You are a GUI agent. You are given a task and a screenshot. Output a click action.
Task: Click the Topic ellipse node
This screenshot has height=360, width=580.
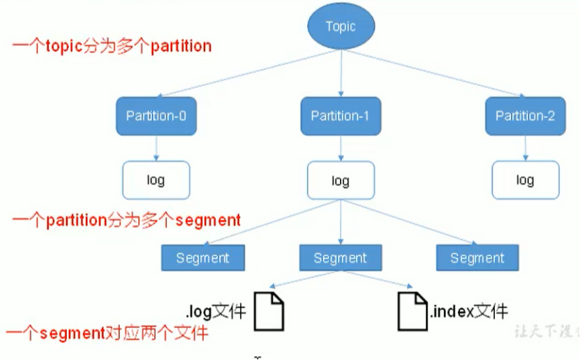(x=341, y=27)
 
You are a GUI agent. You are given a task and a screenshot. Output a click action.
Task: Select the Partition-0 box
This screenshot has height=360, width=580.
(x=156, y=116)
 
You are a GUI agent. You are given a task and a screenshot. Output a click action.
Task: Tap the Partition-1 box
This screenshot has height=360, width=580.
(x=341, y=116)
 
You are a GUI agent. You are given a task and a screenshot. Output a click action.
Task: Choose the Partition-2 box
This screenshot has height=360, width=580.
(x=525, y=116)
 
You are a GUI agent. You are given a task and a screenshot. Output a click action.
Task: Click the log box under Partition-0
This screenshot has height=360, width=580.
(x=156, y=180)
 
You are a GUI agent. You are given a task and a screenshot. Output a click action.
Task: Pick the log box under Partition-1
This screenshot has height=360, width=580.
(x=341, y=181)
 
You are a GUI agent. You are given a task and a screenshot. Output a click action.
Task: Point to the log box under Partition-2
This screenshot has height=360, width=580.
(x=525, y=180)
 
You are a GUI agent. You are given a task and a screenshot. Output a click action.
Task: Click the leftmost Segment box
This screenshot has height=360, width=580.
(x=202, y=258)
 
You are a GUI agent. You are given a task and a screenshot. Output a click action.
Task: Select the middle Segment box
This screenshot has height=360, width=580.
(x=341, y=258)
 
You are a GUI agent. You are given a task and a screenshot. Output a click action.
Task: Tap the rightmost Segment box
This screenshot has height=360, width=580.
(x=477, y=258)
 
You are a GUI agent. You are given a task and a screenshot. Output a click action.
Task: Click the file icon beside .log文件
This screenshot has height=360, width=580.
(x=269, y=311)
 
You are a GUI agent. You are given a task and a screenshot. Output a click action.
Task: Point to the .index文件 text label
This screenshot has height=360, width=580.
(x=469, y=310)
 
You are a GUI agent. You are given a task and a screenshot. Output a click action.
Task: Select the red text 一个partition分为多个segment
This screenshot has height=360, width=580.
(x=126, y=220)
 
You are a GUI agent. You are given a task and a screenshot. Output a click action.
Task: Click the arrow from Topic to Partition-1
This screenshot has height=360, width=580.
(x=341, y=73)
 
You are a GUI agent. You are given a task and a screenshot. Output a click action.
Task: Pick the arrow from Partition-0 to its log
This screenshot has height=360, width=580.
(x=156, y=148)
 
